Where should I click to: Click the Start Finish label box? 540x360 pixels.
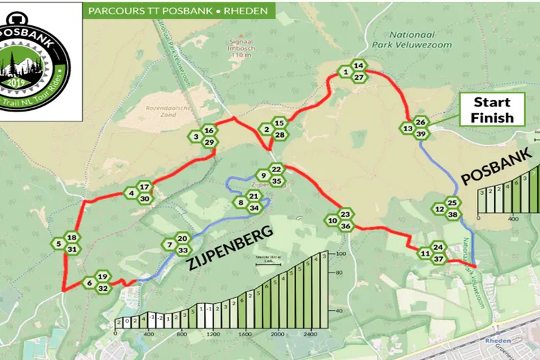coord(492,110)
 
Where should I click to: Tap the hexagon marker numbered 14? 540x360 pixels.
coord(358,66)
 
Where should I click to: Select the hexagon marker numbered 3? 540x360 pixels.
coord(196,137)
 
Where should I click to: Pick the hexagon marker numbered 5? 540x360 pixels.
coord(59,245)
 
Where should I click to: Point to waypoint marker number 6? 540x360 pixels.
coord(89,283)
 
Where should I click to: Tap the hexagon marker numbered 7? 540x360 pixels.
coord(170,245)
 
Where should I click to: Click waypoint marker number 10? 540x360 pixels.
coord(333,221)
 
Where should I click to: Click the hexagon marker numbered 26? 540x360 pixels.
coord(421,122)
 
